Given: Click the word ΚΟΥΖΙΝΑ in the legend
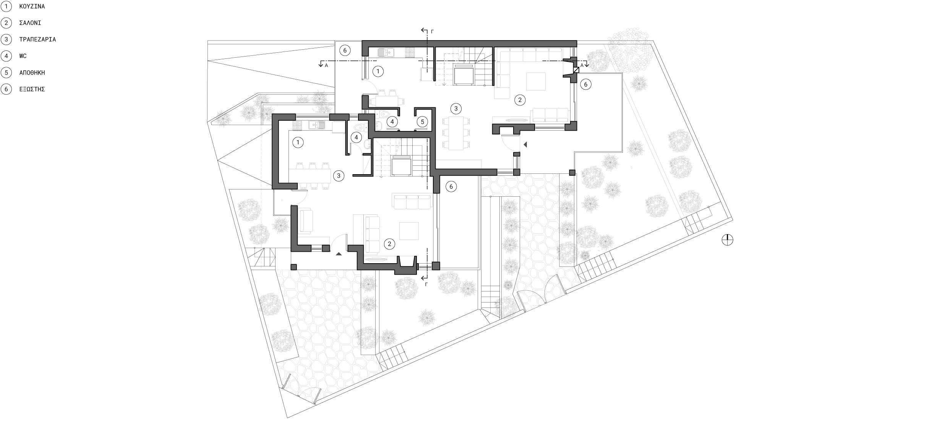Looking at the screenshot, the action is (32, 6).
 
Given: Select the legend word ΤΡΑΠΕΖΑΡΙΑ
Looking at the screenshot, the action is (37, 39).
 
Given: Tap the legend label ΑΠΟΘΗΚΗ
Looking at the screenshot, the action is (32, 73).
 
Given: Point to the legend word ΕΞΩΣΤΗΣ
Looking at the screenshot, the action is (32, 89).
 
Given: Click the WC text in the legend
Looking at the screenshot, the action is (23, 56).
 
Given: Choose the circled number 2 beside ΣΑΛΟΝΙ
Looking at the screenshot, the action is (6, 23).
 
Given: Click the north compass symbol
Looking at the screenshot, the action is (728, 240).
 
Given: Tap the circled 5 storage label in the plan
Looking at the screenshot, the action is (422, 122).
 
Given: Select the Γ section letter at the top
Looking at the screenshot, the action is (432, 32).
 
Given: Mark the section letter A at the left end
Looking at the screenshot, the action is (326, 66).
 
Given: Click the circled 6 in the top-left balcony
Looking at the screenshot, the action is (345, 50).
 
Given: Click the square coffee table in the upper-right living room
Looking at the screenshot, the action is (536, 81).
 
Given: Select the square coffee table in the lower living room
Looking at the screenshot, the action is (409, 231).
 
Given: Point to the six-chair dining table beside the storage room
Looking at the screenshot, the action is (455, 133).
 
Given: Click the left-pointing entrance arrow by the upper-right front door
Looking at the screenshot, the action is (525, 145).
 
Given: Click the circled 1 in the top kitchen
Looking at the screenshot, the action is (378, 71).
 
